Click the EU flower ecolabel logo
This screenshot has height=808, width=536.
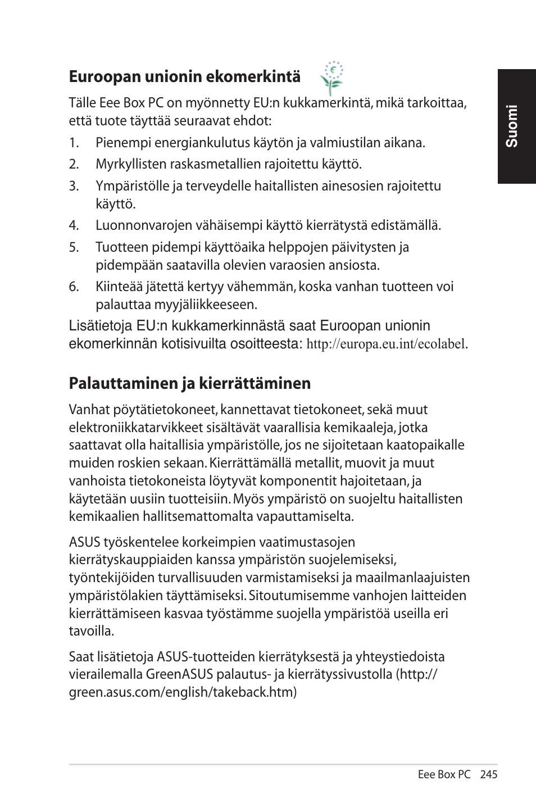pyautogui.click(x=331, y=78)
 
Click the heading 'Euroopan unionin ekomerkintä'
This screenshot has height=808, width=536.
pyautogui.click(x=184, y=76)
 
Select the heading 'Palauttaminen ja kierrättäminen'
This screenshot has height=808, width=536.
pyautogui.click(x=189, y=383)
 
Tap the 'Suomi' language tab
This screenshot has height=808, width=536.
pyautogui.click(x=516, y=126)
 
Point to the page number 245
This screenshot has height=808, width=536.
pyautogui.click(x=489, y=774)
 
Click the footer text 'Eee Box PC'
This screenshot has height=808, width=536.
pyautogui.click(x=444, y=774)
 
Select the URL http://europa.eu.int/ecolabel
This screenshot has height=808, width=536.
pyautogui.click(x=386, y=344)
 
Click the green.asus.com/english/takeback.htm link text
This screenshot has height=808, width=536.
pyautogui.click(x=182, y=692)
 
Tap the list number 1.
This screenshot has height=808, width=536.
pyautogui.click(x=74, y=143)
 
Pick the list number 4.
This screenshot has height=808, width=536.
pyautogui.click(x=74, y=226)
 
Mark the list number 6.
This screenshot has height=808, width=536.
pyautogui.click(x=74, y=287)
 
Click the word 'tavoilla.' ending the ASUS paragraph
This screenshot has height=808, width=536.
pyautogui.click(x=92, y=631)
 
